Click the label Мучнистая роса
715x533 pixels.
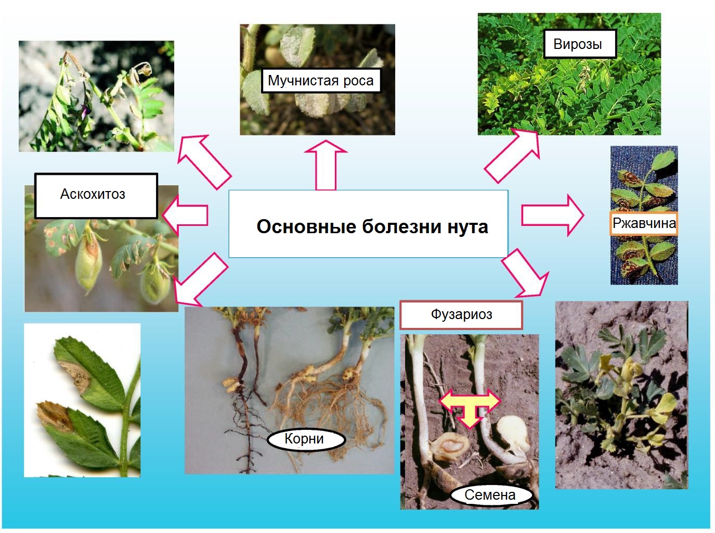(321, 81)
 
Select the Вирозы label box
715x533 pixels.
(580, 44)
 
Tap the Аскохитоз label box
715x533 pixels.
(96, 196)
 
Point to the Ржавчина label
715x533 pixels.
(644, 223)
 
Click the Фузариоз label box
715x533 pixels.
(461, 315)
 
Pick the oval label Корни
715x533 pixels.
(306, 439)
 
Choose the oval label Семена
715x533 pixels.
(491, 494)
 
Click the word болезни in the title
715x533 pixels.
(401, 226)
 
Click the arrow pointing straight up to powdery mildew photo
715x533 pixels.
(326, 165)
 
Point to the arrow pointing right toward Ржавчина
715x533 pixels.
(553, 215)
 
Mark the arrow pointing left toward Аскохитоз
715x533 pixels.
(185, 215)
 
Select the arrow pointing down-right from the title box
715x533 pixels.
(525, 273)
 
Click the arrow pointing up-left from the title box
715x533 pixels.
(204, 162)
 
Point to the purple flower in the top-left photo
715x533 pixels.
(85, 111)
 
